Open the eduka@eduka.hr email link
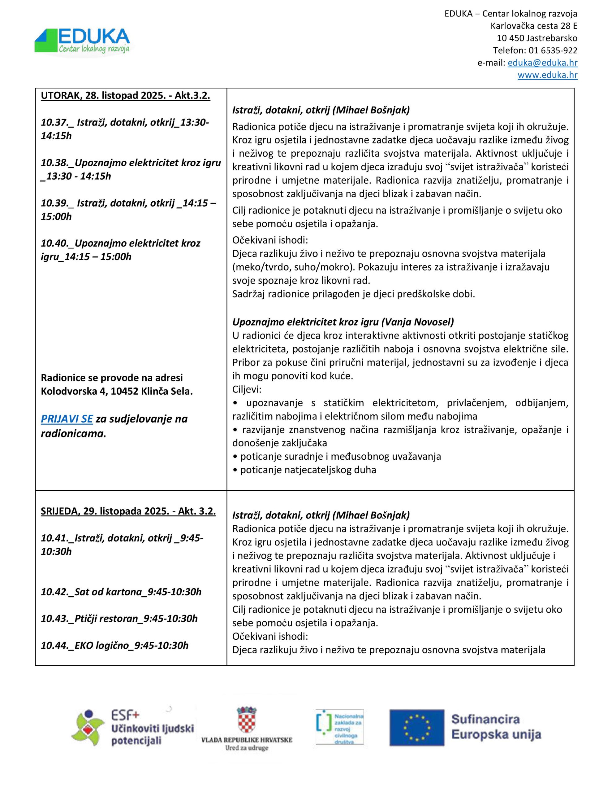pyautogui.click(x=542, y=63)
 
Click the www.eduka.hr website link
pyautogui.click(x=547, y=75)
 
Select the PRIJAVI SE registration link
pyautogui.click(x=67, y=419)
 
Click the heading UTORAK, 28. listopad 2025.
pyautogui.click(x=126, y=95)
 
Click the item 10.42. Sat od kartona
pyautogui.click(x=121, y=592)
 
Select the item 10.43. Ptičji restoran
pyautogui.click(x=119, y=618)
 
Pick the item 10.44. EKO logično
pyautogui.click(x=115, y=645)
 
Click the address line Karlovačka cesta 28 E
pyautogui.click(x=534, y=26)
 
